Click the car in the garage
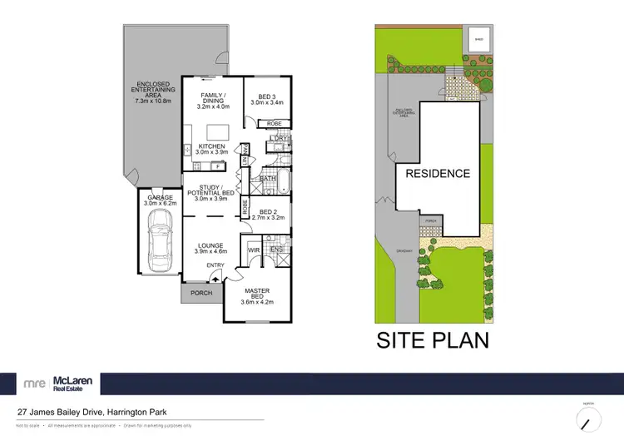click(x=157, y=241)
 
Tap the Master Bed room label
click(x=256, y=294)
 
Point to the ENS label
click(x=277, y=248)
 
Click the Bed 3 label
click(x=267, y=100)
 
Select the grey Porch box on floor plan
click(x=201, y=293)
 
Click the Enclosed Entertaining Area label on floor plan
click(x=152, y=91)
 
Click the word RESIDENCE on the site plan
click(x=438, y=174)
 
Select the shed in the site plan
click(x=478, y=38)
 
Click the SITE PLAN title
click(x=433, y=340)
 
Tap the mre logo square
click(x=35, y=383)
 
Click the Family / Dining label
click(x=212, y=101)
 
